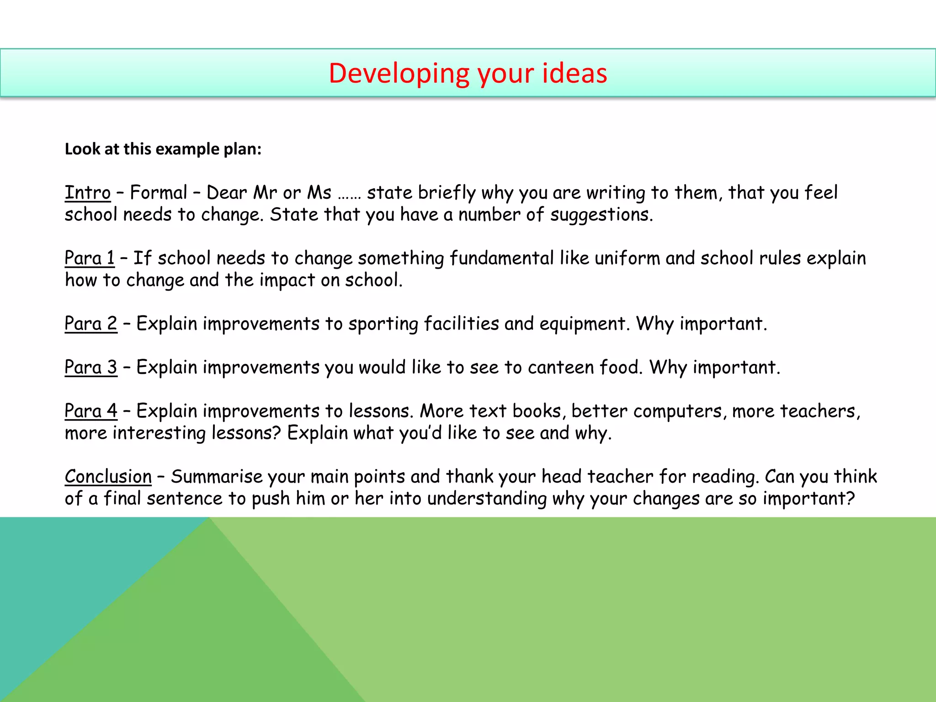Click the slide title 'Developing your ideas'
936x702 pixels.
pos(468,73)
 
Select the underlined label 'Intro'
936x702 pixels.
pos(87,192)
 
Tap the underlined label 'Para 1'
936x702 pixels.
pos(90,258)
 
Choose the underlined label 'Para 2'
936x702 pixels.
pos(91,324)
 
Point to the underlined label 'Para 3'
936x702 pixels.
pos(91,367)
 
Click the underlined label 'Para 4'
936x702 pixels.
pos(91,411)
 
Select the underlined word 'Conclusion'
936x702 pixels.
pos(108,477)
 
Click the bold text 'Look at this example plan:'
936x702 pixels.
pos(163,149)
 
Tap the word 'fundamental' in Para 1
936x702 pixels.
pos(501,258)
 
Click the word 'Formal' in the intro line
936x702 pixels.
pos(159,192)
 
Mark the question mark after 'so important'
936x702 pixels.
pos(851,498)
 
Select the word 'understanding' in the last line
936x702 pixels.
pos(486,499)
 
